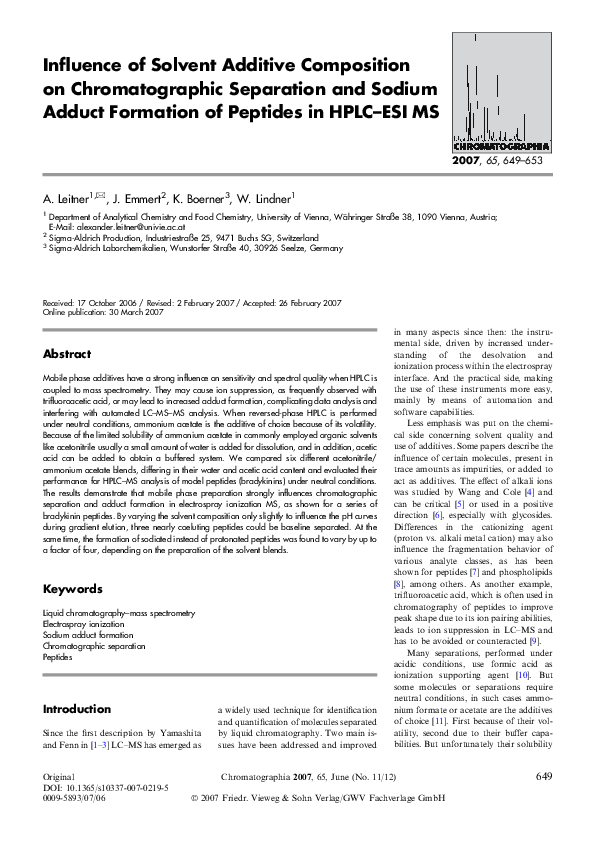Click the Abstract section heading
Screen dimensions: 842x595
coord(67,354)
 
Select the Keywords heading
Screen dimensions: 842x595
coord(72,589)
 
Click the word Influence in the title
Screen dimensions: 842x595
coord(86,65)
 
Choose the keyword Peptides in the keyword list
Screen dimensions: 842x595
coord(57,657)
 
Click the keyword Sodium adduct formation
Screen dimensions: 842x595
coord(88,633)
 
